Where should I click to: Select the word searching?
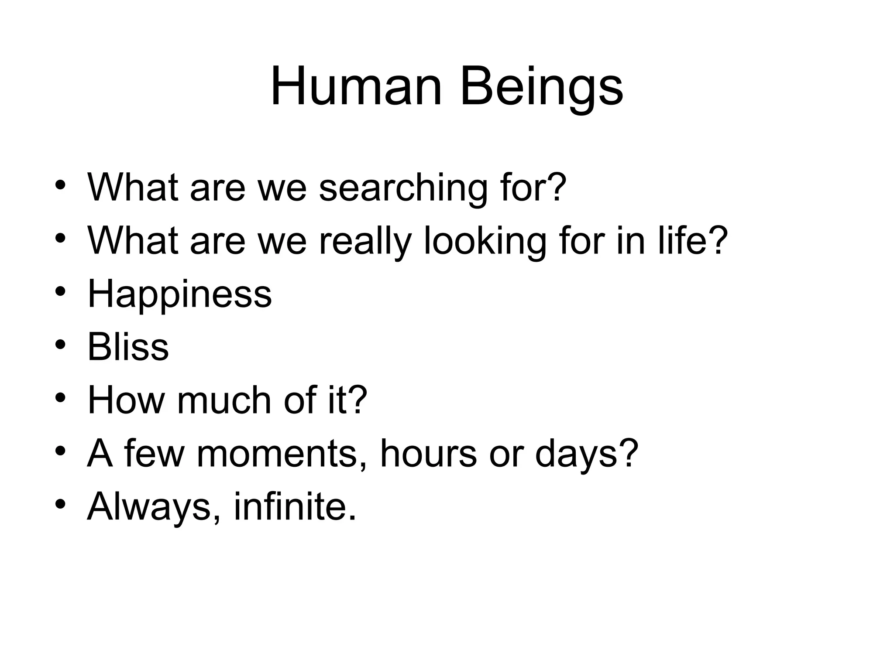point(402,188)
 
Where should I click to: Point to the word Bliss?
point(128,347)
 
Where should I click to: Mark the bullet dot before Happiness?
point(60,291)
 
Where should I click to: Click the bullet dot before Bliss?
point(60,344)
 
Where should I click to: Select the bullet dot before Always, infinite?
point(60,504)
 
